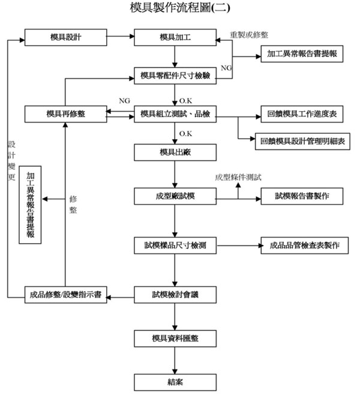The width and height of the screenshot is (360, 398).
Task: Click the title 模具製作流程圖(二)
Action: [x=179, y=8]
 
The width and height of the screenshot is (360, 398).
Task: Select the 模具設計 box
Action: [x=66, y=37]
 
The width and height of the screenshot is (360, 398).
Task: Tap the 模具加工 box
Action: [x=175, y=37]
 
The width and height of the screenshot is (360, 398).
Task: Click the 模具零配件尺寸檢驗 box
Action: [x=175, y=76]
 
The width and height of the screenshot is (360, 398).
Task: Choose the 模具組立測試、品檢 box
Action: [x=175, y=113]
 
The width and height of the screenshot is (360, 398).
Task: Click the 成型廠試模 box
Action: [x=175, y=196]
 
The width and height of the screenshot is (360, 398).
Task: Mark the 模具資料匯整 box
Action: [x=175, y=338]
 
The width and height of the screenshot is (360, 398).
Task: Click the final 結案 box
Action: [x=175, y=381]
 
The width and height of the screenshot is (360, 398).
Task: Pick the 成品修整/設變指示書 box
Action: [x=66, y=295]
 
